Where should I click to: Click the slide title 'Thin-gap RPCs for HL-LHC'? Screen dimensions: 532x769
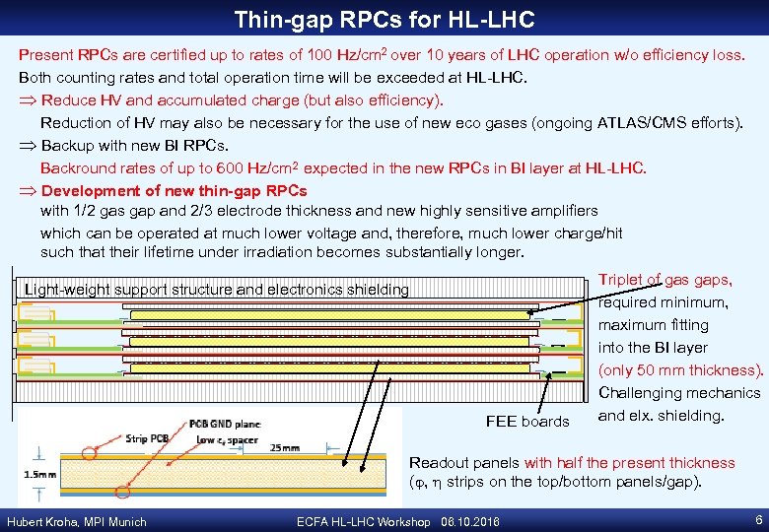click(384, 19)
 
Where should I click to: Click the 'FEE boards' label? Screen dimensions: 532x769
click(527, 422)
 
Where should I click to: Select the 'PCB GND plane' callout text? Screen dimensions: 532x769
click(226, 424)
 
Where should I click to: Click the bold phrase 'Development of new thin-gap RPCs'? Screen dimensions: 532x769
click(175, 190)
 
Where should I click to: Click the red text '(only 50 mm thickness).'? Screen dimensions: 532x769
click(681, 370)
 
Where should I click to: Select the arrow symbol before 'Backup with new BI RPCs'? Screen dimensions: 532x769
click(29, 146)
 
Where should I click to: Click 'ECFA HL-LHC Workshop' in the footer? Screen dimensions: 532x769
click(363, 521)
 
